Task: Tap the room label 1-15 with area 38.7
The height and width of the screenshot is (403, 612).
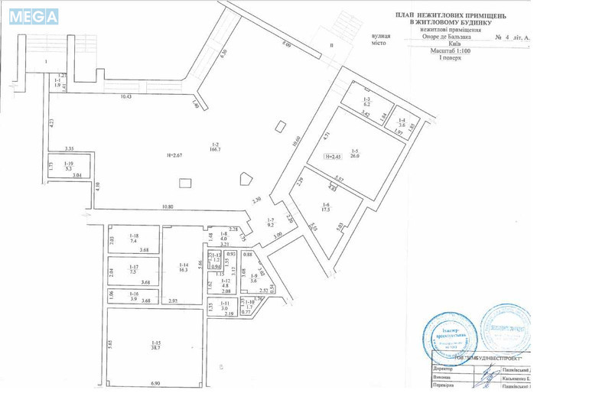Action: [x=155, y=345]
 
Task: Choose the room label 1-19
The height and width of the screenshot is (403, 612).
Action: [x=70, y=166]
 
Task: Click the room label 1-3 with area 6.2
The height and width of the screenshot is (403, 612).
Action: [x=366, y=101]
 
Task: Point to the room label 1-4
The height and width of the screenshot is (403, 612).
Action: [x=402, y=122]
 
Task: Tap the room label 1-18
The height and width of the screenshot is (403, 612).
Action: [x=133, y=238]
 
